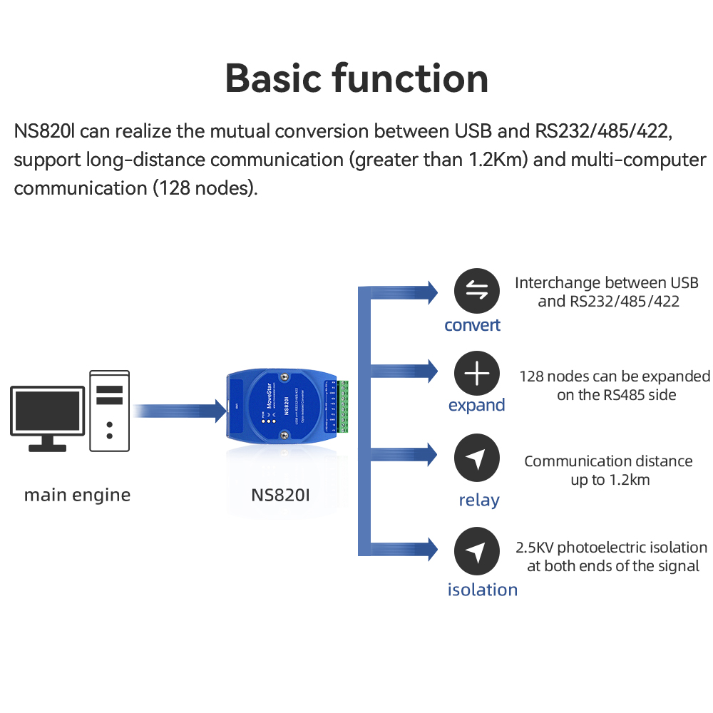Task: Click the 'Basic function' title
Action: click(x=356, y=78)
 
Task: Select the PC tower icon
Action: click(x=109, y=411)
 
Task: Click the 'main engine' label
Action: click(x=77, y=495)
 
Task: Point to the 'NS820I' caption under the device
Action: click(x=281, y=494)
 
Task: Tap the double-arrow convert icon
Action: click(x=477, y=291)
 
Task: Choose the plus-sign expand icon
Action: click(x=477, y=374)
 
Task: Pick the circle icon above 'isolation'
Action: click(x=477, y=551)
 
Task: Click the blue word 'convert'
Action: click(x=472, y=325)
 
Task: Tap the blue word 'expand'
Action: click(x=476, y=405)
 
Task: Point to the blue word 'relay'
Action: click(x=478, y=500)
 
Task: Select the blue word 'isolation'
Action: click(x=482, y=590)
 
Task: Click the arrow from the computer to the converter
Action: click(x=178, y=411)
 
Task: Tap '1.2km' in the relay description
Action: click(x=630, y=480)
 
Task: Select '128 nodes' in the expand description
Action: click(x=553, y=376)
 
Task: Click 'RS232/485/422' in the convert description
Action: click(x=625, y=302)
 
